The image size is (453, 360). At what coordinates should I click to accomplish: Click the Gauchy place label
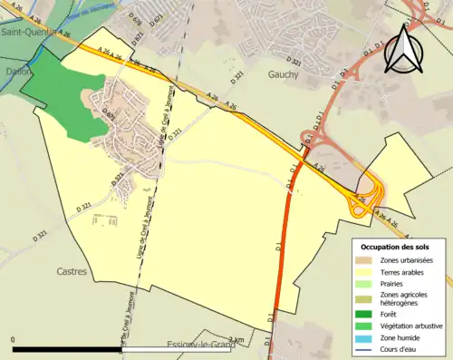pos(284,75)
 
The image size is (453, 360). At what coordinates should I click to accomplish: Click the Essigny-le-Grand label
pos(201,345)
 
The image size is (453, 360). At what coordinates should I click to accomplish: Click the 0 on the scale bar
pos(14,339)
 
